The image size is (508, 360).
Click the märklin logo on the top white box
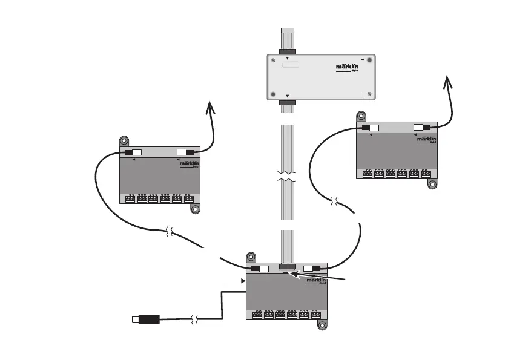(348, 68)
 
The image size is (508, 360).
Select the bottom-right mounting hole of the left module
(196, 209)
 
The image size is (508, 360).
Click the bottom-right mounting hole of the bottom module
(323, 325)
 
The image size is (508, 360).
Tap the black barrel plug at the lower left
(145, 319)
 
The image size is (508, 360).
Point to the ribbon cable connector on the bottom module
(286, 267)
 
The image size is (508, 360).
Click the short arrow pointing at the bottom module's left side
(233, 281)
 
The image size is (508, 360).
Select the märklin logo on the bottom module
(317, 281)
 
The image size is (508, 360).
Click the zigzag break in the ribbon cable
(286, 177)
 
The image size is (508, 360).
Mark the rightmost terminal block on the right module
(426, 174)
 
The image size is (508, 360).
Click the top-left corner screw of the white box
(274, 60)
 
